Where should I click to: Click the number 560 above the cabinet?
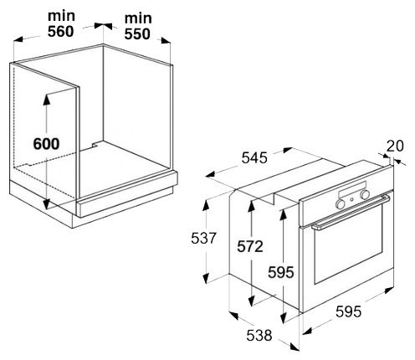[60, 31]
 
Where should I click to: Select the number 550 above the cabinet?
[137, 34]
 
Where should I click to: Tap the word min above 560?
[61, 16]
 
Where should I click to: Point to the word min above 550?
[138, 18]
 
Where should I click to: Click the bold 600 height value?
[46, 144]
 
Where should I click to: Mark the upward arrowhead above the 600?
[47, 100]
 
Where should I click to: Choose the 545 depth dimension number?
[254, 157]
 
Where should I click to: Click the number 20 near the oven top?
[395, 146]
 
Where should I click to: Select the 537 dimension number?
[203, 239]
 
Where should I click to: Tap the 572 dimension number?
[250, 247]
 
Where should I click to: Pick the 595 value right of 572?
[281, 272]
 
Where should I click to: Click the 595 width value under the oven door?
[348, 311]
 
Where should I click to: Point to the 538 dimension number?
[259, 335]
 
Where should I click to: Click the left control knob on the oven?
[340, 204]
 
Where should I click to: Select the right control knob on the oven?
[365, 194]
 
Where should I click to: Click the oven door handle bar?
[351, 212]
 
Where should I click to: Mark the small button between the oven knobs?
[352, 199]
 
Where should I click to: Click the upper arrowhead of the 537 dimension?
[206, 205]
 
